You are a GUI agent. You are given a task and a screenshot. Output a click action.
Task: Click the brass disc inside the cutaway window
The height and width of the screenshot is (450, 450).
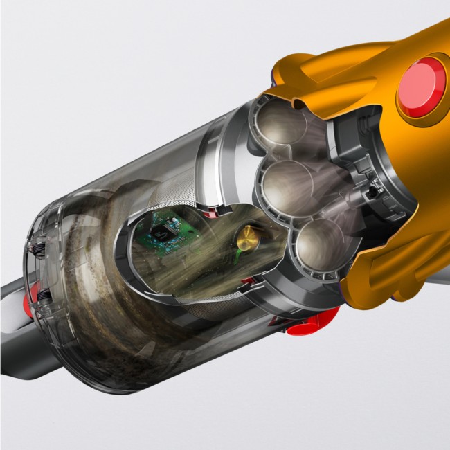[x=247, y=240]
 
